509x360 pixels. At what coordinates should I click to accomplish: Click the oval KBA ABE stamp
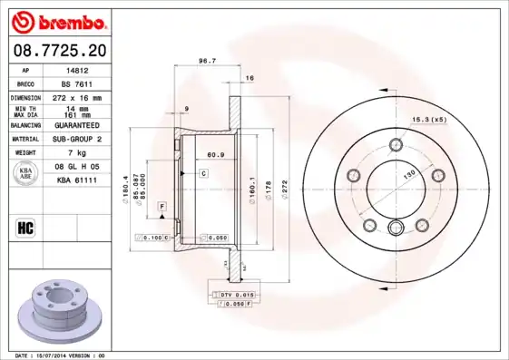pos(27,174)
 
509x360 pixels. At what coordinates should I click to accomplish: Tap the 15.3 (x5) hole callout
pos(430,119)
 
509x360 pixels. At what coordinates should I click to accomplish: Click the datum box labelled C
pos(203,172)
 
